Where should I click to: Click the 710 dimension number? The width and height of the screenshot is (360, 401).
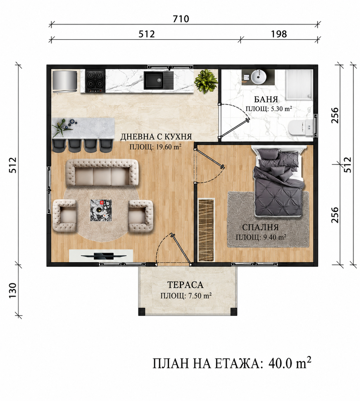click(181, 19)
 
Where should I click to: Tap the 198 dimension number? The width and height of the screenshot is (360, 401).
click(278, 34)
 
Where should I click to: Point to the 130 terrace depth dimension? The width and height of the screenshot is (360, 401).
click(12, 290)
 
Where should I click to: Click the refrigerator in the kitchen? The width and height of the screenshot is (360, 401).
click(65, 81)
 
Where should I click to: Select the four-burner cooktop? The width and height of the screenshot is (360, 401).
click(95, 81)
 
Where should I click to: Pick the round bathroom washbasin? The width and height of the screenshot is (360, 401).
click(258, 77)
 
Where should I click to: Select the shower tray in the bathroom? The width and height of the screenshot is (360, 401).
click(299, 85)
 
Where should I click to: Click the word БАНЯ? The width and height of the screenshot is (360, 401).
click(266, 99)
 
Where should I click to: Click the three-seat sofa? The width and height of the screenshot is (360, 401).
click(102, 172)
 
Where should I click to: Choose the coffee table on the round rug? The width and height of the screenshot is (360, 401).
click(101, 210)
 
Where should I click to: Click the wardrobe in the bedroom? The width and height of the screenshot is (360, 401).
click(206, 229)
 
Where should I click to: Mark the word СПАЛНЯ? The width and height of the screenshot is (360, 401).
click(260, 227)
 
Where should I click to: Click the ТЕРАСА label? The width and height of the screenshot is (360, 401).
click(185, 285)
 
